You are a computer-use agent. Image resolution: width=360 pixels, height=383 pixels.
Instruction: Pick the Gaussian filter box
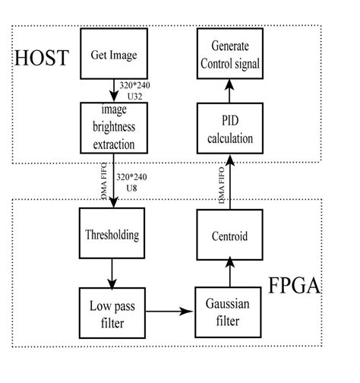[229, 311]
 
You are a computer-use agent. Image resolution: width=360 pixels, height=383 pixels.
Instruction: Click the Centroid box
[229, 235]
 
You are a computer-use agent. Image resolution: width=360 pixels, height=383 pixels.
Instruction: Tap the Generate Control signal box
[229, 56]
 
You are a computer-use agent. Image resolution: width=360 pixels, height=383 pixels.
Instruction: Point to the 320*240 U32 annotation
[135, 90]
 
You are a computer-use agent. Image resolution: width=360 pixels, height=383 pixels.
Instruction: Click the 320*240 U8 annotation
[132, 182]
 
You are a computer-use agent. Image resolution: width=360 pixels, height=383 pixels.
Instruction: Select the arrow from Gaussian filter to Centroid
[229, 273]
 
